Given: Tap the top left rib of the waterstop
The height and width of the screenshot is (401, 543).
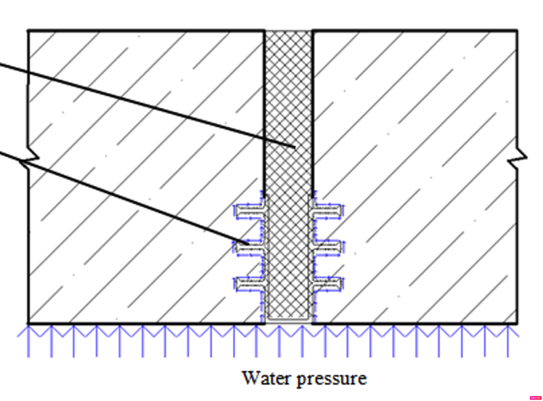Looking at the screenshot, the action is (x=249, y=211).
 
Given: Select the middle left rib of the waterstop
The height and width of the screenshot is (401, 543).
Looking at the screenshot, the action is (x=249, y=248).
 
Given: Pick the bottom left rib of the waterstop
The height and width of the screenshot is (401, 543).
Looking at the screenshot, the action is (x=249, y=284).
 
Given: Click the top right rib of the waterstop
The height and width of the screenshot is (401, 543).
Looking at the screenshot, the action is (x=327, y=211).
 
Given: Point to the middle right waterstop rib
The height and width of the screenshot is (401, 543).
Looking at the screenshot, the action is (x=327, y=248).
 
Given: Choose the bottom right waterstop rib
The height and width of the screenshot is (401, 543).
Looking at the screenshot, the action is (x=327, y=284).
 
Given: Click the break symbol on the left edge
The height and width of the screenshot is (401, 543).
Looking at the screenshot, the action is (x=29, y=158).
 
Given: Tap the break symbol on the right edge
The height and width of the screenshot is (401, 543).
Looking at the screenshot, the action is (x=518, y=158).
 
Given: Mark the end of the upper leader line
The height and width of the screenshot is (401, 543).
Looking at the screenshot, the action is (x=295, y=147).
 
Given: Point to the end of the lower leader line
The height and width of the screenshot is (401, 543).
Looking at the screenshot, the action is (x=249, y=245).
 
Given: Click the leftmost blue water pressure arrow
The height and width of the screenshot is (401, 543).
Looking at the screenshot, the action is (x=28, y=341).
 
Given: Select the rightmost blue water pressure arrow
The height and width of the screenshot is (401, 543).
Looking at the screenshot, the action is (x=508, y=341).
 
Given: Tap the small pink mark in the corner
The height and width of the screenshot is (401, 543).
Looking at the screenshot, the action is (x=535, y=397).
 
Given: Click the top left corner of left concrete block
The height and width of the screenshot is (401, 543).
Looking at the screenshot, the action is (x=28, y=31).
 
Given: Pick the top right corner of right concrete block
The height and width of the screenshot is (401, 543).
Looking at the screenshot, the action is (x=518, y=31).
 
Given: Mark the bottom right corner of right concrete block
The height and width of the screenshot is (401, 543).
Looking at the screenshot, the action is (x=518, y=323).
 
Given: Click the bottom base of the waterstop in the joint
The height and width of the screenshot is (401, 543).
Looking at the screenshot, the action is (x=288, y=320).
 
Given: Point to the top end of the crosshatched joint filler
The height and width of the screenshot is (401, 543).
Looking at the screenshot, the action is (x=288, y=32).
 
